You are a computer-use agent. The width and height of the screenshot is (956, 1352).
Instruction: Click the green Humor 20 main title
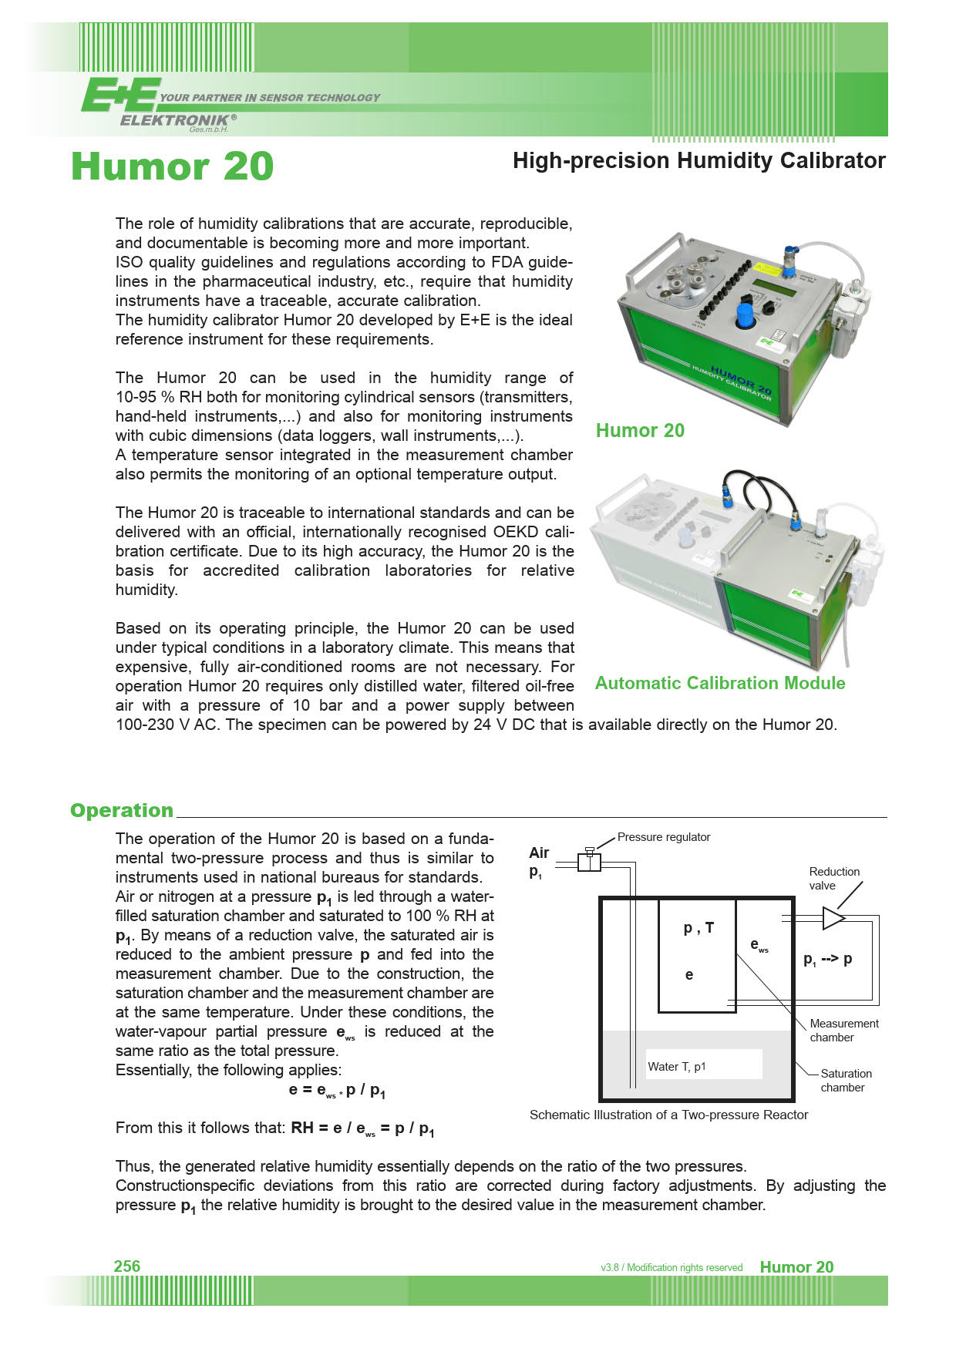173,166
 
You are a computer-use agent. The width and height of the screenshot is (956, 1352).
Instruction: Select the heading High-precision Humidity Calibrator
698,160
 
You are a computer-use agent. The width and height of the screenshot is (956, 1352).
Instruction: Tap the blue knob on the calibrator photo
745,315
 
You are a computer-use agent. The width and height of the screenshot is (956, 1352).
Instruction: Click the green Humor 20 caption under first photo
640,430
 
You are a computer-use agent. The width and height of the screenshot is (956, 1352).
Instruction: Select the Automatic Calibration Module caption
719,683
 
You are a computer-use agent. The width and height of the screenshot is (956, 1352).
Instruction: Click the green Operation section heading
122,810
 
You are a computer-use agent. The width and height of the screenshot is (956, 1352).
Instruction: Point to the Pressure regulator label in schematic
663,837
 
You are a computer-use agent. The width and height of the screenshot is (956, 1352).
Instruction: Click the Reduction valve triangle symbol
833,917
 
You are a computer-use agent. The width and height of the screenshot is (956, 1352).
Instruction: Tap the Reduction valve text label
833,878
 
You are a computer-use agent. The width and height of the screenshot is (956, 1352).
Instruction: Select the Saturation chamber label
845,1080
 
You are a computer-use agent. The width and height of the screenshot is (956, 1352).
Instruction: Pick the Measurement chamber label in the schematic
843,1030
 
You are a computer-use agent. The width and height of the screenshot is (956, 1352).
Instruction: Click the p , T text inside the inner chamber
698,928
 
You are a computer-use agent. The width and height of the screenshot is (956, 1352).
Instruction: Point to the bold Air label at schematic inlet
539,853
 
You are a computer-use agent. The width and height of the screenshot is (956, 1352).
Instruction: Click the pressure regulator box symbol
589,861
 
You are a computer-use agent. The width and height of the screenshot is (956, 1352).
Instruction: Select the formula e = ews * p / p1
337,1091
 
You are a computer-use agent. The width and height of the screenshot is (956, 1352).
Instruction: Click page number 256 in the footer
127,1266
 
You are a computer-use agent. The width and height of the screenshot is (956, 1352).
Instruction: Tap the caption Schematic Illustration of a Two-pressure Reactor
668,1115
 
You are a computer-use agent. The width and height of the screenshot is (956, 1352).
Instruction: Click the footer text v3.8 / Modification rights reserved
672,1267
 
